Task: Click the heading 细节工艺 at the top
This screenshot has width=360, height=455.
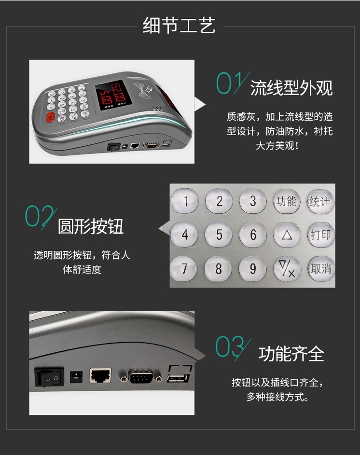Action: [179, 26]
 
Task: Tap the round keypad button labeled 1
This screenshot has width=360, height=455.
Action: [185, 201]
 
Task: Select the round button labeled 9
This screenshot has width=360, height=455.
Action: [252, 269]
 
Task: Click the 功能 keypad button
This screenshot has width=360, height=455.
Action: [287, 201]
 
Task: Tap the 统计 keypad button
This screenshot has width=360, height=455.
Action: [320, 202]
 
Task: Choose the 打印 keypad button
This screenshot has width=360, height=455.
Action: [321, 235]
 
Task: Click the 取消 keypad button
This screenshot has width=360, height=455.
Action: [321, 269]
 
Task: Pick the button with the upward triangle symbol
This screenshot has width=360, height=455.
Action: [287, 235]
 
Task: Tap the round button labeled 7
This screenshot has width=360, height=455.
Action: [184, 269]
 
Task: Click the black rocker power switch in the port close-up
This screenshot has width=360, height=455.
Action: [49, 377]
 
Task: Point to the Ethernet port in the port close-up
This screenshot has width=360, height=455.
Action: [100, 375]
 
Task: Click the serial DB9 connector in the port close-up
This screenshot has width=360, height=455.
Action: [141, 377]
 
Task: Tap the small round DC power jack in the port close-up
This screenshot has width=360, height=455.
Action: [76, 377]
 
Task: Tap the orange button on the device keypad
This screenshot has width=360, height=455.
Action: [51, 118]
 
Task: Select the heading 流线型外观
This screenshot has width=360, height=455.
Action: [291, 88]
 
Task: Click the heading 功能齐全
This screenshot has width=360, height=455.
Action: [291, 354]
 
